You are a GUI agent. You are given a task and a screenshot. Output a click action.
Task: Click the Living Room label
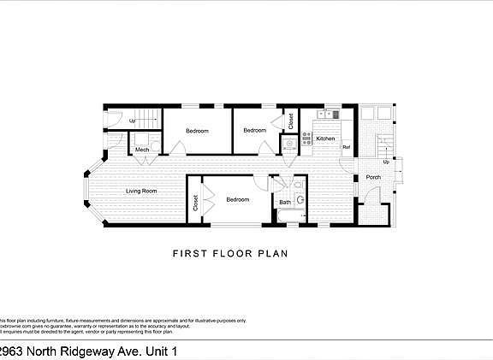tap(141, 192)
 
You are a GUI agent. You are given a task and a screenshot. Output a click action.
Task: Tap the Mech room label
tap(143, 150)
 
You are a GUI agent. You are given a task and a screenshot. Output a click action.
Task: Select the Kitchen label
tap(326, 138)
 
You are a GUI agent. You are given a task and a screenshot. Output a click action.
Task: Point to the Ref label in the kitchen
tap(346, 148)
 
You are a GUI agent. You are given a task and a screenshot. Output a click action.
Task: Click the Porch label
tap(373, 178)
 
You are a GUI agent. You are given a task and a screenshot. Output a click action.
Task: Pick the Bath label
tap(284, 202)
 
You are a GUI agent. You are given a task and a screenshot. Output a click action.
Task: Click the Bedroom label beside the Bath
tap(238, 199)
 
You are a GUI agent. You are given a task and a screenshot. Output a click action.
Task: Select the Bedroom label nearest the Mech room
tap(199, 131)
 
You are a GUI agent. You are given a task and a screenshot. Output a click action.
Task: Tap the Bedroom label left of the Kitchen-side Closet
tap(254, 130)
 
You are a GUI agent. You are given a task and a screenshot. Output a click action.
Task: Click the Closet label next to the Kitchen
tap(291, 121)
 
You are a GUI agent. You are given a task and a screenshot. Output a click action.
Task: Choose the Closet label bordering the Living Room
tap(195, 203)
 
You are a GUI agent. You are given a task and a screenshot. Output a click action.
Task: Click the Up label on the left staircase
tap(133, 121)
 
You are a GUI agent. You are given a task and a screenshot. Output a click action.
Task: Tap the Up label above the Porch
tap(386, 161)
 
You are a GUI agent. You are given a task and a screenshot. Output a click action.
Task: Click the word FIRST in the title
tap(189, 253)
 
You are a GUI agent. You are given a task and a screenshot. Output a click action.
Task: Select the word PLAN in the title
tap(273, 253)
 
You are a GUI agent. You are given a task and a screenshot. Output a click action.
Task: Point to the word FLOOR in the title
tap(231, 253)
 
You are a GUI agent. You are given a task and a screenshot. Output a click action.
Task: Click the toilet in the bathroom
tap(300, 200)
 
